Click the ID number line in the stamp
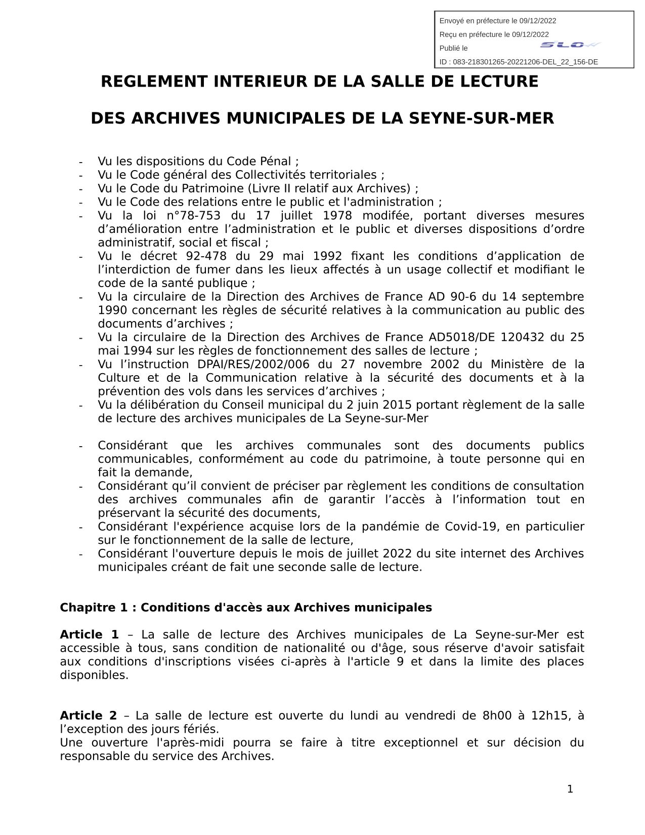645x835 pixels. [519, 62]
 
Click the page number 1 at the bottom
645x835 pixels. [570, 789]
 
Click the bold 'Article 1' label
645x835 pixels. [89, 634]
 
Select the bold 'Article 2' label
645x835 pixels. [88, 715]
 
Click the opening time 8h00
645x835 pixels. [497, 715]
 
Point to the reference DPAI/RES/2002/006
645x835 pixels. [249, 365]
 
